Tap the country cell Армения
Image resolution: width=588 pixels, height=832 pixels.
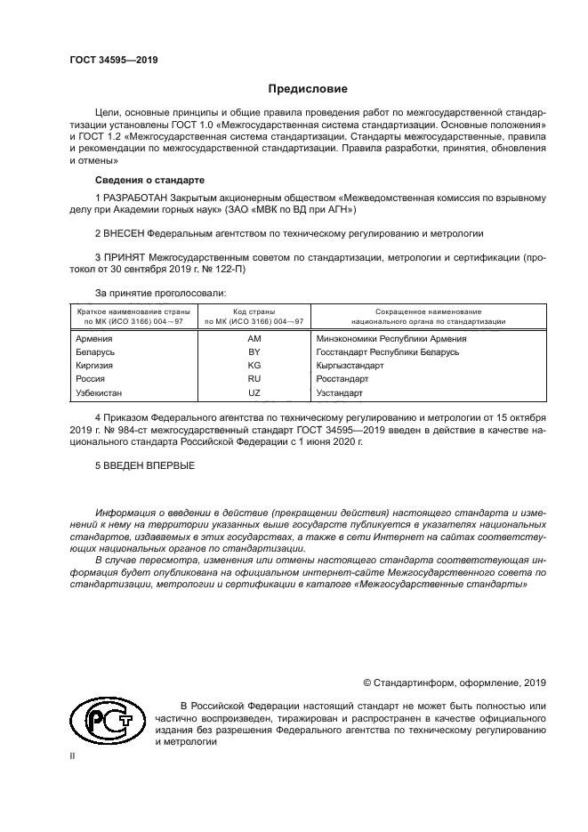[93, 339]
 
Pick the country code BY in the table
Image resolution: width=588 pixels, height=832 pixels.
[254, 352]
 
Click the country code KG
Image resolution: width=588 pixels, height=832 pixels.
[254, 366]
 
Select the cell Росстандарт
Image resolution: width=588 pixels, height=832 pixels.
[342, 379]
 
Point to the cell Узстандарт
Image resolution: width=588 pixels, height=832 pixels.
[339, 392]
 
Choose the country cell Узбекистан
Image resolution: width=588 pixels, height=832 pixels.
[99, 392]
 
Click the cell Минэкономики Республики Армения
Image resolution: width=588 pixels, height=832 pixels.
[391, 339]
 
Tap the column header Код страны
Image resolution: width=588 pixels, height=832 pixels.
[254, 312]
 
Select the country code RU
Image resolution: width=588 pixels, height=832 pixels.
[254, 379]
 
